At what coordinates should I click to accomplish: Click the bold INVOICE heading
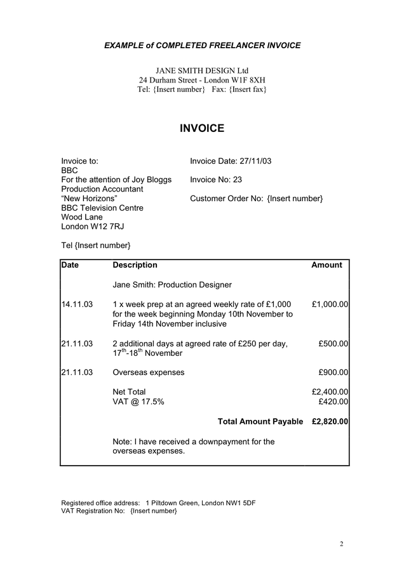202,129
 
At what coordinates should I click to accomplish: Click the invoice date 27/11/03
255,161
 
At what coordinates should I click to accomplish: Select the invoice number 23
238,180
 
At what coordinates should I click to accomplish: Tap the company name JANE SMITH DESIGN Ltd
202,70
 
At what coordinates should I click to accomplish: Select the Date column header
71,265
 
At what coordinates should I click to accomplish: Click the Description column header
135,265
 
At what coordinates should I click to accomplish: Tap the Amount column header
327,265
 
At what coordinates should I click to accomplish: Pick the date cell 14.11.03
77,305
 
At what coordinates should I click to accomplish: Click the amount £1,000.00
330,305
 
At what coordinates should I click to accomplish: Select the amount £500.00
333,344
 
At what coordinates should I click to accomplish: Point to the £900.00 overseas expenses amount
333,372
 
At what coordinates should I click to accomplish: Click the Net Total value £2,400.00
330,392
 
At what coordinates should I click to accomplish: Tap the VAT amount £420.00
333,402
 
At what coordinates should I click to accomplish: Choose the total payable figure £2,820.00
330,422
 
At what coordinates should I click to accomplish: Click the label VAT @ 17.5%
138,402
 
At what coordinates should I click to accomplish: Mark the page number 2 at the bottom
342,544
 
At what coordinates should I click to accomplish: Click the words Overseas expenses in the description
148,372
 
